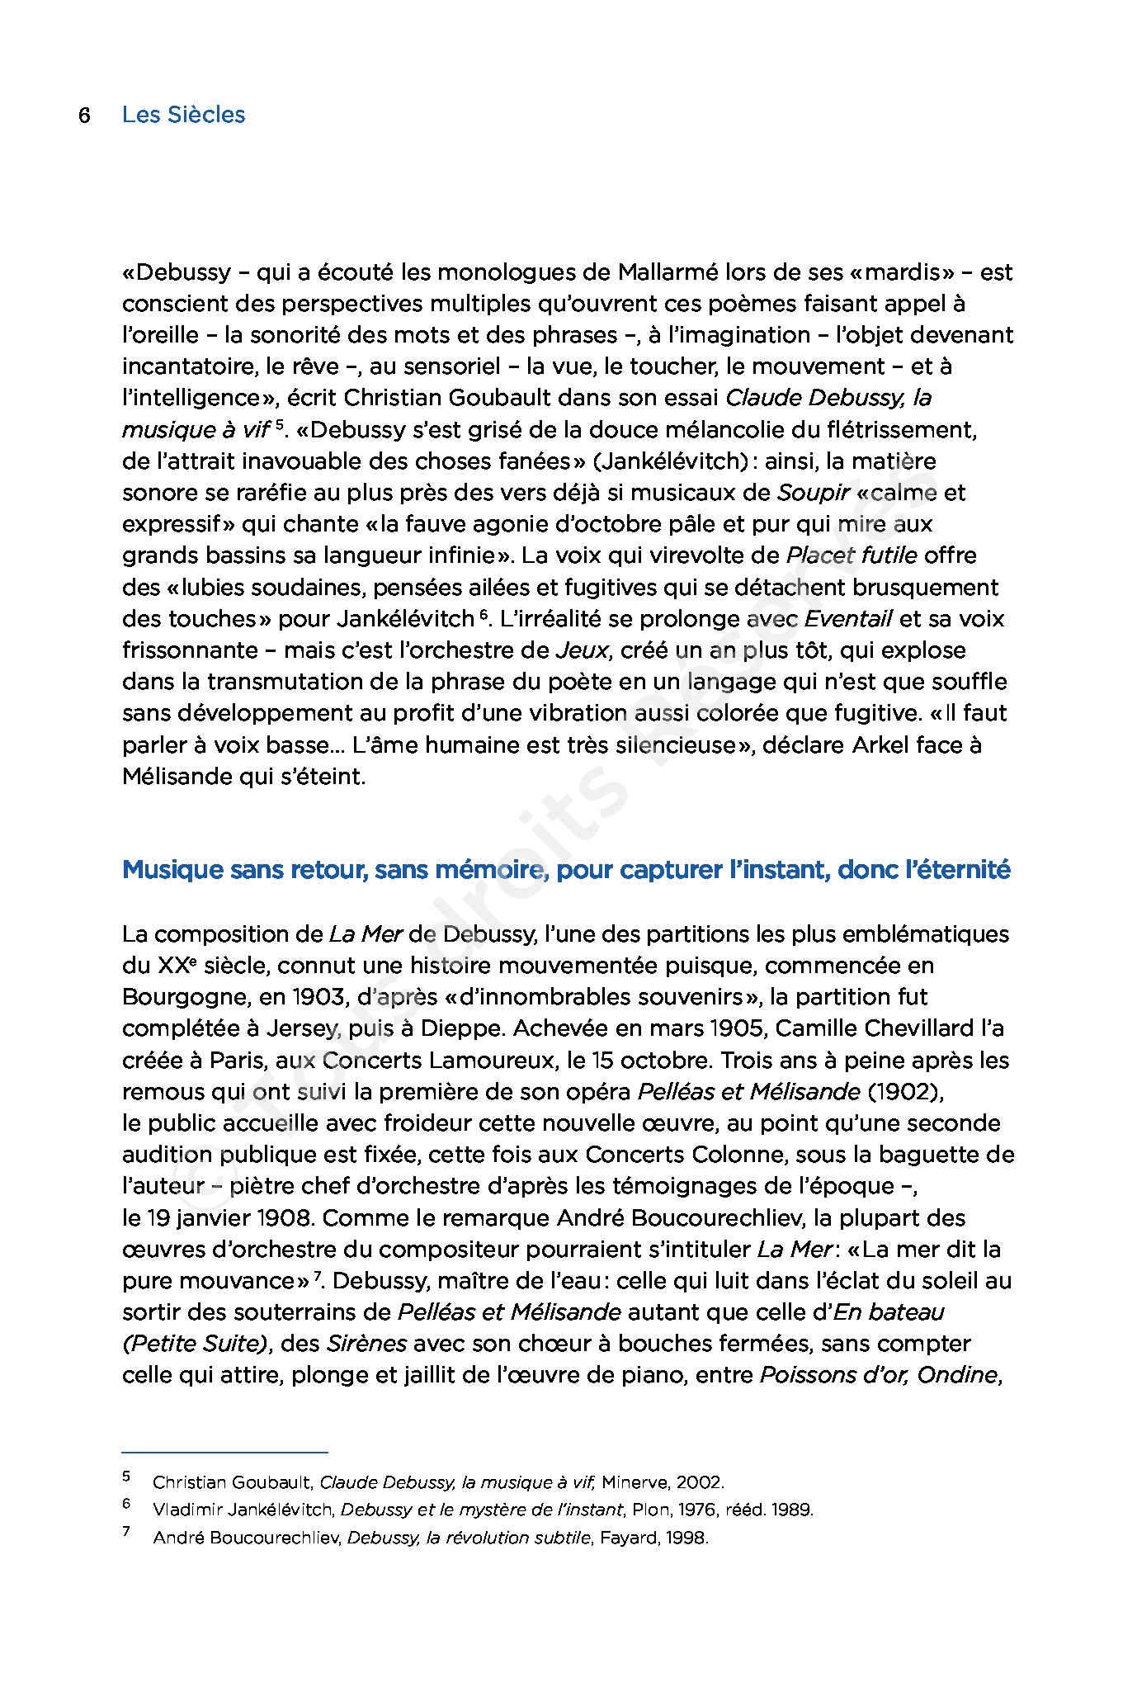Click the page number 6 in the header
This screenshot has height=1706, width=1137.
pos(84,115)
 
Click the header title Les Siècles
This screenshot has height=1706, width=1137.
pos(183,115)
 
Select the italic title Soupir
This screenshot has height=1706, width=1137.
pos(813,493)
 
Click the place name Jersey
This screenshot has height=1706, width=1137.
pos(302,1029)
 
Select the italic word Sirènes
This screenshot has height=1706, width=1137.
pos(366,1344)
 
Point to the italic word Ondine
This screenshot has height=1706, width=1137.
pos(958,1376)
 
